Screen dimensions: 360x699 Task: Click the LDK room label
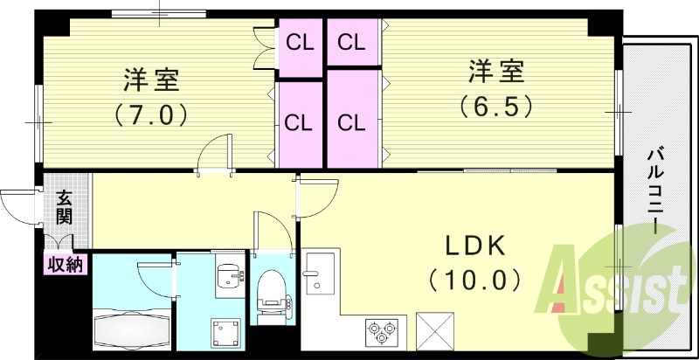tap(477, 247)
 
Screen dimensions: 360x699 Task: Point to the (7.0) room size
tap(150, 114)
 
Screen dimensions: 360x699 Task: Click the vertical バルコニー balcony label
tap(654, 189)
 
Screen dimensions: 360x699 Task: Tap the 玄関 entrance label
tap(65, 207)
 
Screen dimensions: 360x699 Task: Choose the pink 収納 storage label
tap(65, 263)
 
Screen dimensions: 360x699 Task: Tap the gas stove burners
tap(383, 331)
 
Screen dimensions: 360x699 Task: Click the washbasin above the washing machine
tap(229, 275)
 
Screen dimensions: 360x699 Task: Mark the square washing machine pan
tap(225, 331)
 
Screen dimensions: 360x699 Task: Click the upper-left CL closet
tap(300, 41)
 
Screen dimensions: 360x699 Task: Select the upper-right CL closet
tap(351, 41)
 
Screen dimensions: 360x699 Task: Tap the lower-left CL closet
tap(300, 122)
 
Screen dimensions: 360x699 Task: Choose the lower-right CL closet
tap(351, 122)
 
